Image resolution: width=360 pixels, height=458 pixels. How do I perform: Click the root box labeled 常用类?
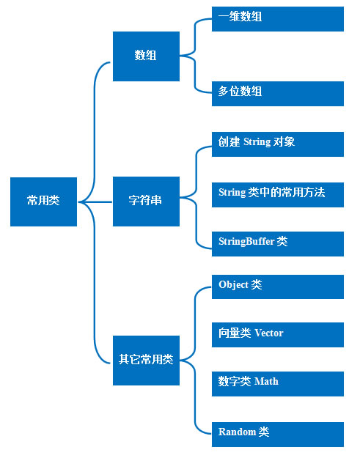point(43,202)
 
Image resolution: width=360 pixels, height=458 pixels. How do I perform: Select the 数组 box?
point(146,56)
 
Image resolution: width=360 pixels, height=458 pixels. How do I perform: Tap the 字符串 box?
point(146,202)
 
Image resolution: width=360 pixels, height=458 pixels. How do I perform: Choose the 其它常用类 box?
point(146,361)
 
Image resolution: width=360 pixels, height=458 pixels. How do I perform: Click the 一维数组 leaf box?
point(278,19)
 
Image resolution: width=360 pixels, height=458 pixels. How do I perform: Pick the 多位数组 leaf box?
point(278,94)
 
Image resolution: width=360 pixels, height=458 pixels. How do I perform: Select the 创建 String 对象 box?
point(278,144)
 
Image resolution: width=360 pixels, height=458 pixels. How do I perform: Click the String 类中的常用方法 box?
point(278,195)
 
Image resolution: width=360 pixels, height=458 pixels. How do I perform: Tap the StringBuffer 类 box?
point(278,244)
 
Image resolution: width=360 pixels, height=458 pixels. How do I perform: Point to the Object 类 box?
point(278,287)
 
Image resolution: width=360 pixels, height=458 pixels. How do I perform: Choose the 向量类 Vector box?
point(278,335)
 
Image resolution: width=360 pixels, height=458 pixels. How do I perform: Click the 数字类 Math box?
point(278,384)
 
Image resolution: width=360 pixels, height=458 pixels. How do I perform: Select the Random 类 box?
point(278,435)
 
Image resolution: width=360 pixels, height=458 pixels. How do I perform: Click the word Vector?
point(269,333)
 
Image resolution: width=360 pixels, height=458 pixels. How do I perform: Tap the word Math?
point(266,382)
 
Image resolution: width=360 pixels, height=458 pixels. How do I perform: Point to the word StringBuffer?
point(246,242)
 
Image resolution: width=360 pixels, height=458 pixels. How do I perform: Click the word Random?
point(238,432)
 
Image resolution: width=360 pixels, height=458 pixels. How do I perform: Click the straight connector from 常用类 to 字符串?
point(95,202)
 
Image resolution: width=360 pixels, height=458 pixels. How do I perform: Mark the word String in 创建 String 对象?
point(257,142)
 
